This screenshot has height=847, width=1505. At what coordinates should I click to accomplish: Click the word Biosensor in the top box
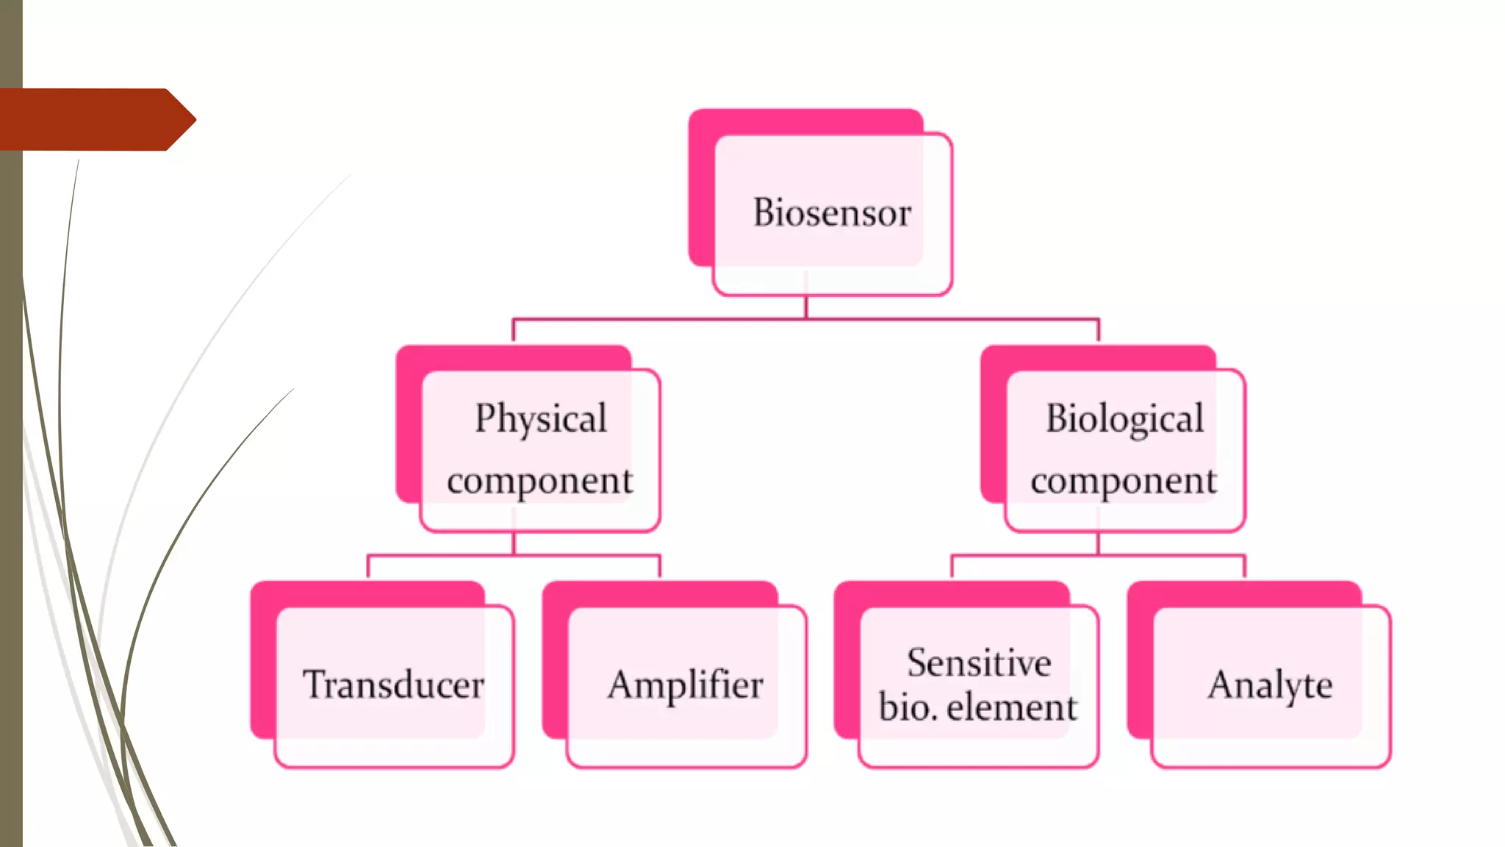pyautogui.click(x=832, y=212)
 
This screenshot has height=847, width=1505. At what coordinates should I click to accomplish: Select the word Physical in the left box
pyautogui.click(x=541, y=418)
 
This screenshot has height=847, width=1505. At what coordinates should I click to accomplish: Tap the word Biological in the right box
pyautogui.click(x=1124, y=418)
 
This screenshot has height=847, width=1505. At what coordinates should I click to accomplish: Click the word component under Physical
pyautogui.click(x=539, y=482)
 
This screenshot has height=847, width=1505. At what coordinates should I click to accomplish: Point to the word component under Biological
pyautogui.click(x=1123, y=482)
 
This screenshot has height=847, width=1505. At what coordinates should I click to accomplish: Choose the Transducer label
pyautogui.click(x=393, y=685)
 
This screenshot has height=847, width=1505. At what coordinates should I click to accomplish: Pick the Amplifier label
pyautogui.click(x=685, y=686)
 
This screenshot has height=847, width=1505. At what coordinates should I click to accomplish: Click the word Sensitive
pyautogui.click(x=979, y=662)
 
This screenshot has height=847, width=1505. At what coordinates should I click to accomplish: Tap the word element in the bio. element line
pyautogui.click(x=1012, y=707)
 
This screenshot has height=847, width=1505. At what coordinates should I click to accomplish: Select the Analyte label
pyautogui.click(x=1270, y=686)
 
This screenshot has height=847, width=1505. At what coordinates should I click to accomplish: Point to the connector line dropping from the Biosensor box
pyautogui.click(x=806, y=307)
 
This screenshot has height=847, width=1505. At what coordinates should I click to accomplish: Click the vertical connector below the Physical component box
pyautogui.click(x=514, y=543)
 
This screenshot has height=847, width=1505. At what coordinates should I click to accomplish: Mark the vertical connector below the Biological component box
pyautogui.click(x=1098, y=543)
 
